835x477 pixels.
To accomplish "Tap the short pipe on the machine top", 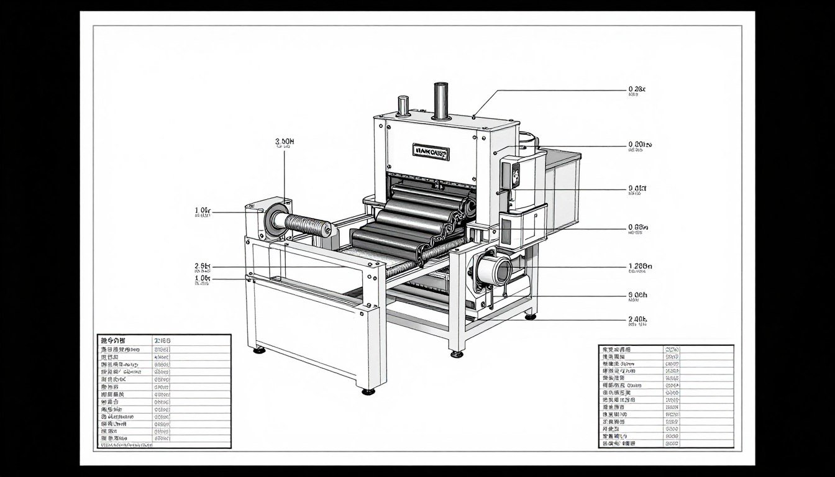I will point(403,106).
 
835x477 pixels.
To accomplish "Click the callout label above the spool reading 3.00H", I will point(285,142).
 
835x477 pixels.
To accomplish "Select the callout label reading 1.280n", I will point(641,267).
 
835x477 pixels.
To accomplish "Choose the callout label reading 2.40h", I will point(638,319).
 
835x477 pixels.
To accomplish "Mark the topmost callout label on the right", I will point(637,89).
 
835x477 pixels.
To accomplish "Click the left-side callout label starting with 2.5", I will point(203,266).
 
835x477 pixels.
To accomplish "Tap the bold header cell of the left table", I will point(113,340).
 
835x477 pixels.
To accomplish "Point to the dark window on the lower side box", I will point(506,232).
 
